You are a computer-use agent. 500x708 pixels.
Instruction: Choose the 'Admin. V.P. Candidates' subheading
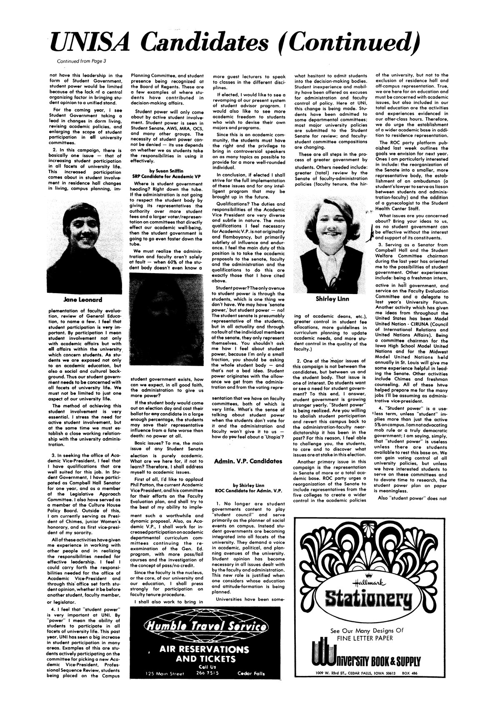pyautogui.click(x=247, y=462)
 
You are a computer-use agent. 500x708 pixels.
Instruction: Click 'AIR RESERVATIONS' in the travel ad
pyautogui.click(x=204, y=650)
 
